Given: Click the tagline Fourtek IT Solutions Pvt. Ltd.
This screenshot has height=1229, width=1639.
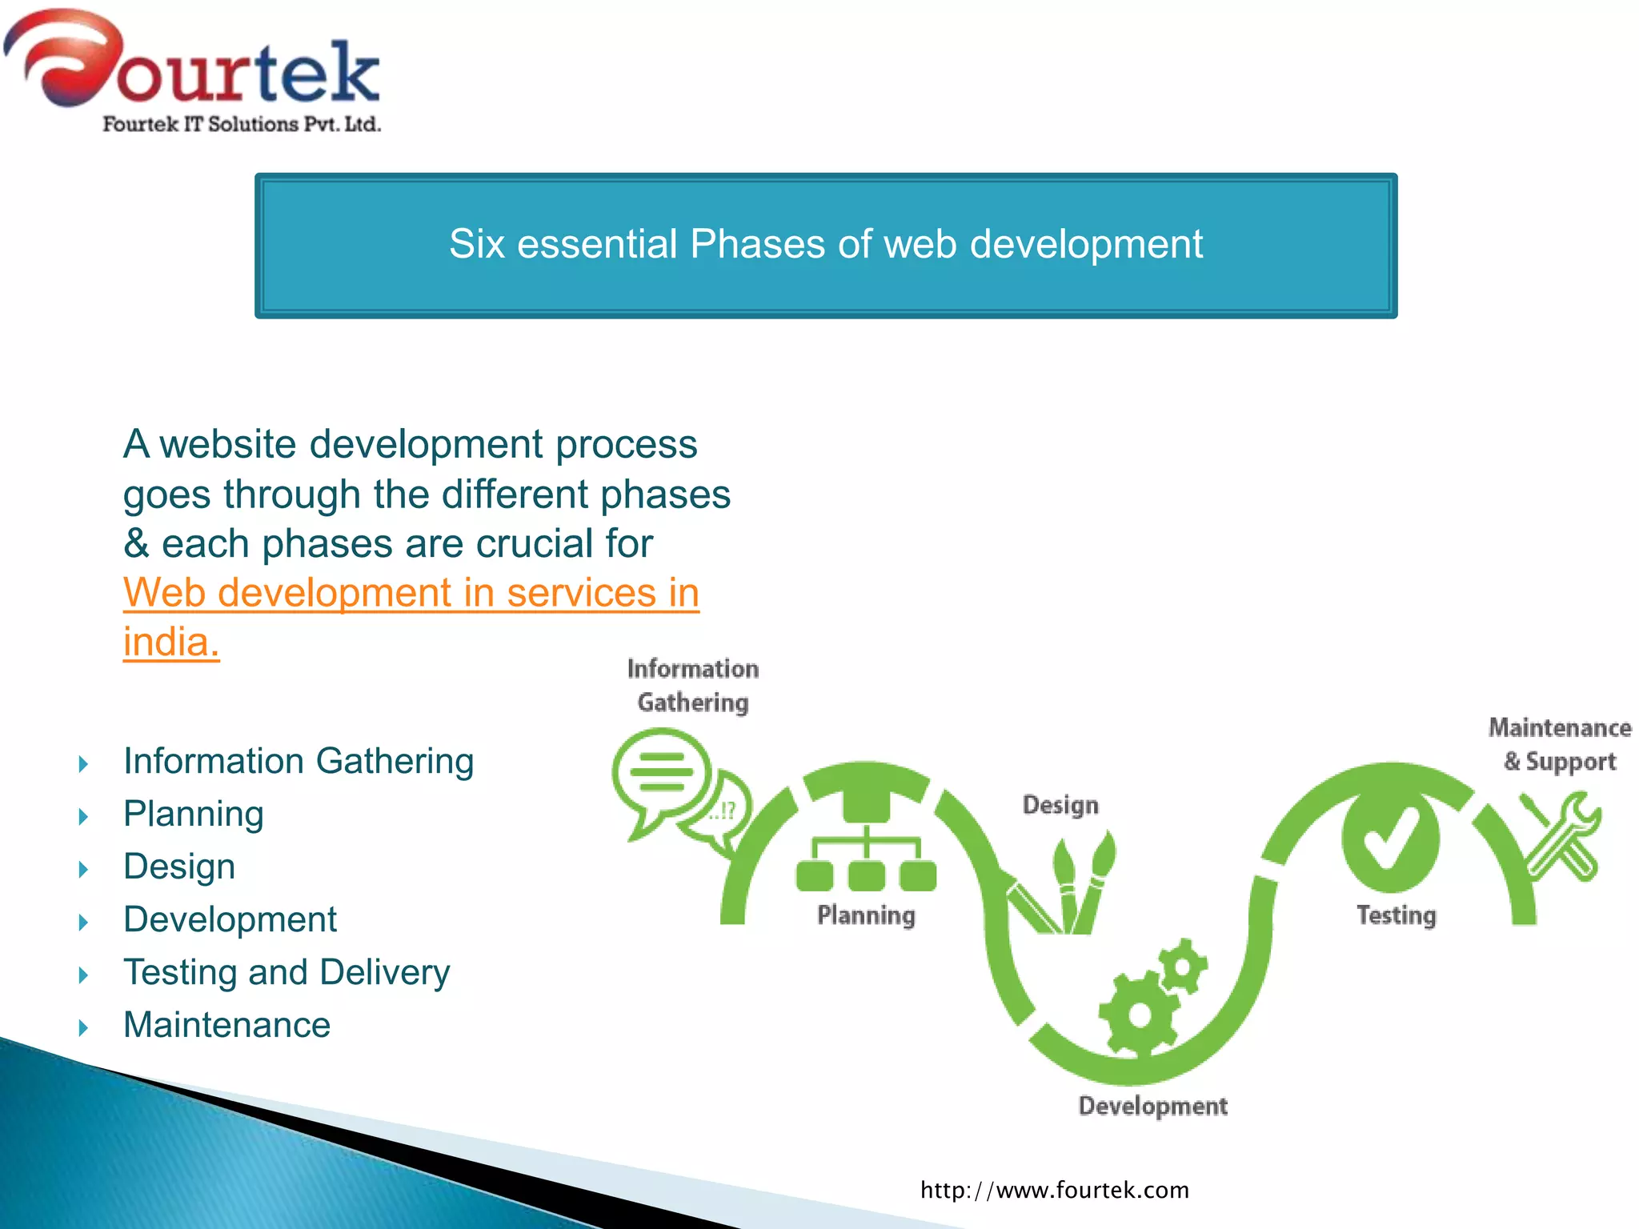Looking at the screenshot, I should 241,124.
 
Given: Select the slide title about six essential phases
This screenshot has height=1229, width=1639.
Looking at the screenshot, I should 825,244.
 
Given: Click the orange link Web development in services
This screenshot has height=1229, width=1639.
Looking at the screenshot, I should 411,593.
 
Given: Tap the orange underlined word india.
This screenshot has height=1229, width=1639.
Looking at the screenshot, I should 170,643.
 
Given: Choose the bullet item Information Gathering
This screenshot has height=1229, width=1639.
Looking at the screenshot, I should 298,761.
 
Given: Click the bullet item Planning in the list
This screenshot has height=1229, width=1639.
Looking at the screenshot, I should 193,814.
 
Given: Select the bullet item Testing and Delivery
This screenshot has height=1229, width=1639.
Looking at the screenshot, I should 286,972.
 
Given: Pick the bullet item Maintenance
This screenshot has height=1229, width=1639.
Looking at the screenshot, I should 226,1025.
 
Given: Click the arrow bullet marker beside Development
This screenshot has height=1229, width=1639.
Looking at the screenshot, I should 83,923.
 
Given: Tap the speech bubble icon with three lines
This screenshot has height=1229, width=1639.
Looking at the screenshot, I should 661,773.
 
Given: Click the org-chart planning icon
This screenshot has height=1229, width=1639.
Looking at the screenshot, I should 866,848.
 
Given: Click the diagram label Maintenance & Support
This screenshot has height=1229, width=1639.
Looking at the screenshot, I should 1559,744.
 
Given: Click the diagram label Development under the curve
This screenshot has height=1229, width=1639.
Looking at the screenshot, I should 1152,1106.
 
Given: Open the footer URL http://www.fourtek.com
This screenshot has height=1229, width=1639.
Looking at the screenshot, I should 1054,1190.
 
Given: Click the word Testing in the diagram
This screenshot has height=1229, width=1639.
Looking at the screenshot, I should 1396,915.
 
